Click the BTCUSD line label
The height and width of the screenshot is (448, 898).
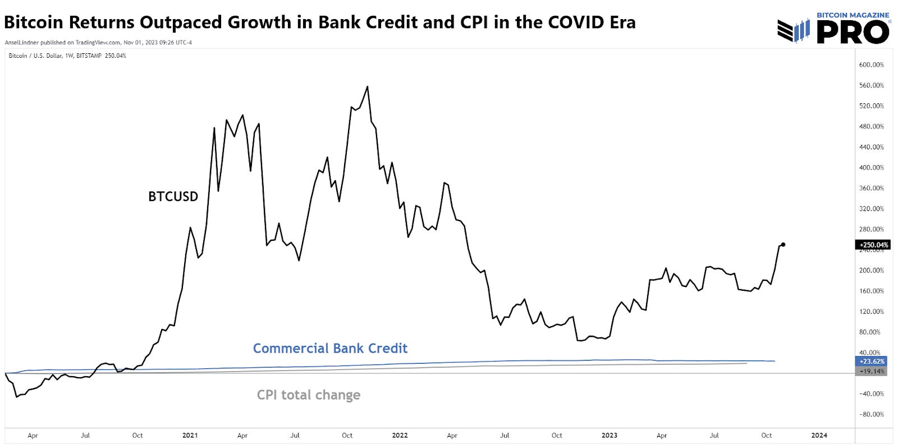tap(173, 196)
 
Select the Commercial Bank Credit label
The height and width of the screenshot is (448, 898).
tap(330, 349)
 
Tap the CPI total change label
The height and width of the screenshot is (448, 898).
tap(308, 395)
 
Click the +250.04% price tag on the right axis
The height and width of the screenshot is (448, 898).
tap(873, 245)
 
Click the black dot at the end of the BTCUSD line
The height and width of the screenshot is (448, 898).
tap(783, 244)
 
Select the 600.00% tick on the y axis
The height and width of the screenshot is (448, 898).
tap(871, 65)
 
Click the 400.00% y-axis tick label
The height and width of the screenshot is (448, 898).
tap(871, 167)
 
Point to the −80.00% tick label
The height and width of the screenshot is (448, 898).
tap(871, 414)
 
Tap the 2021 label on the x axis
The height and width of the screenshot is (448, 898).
tap(190, 435)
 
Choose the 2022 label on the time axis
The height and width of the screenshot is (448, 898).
tap(400, 435)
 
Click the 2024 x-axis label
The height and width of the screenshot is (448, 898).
tap(819, 435)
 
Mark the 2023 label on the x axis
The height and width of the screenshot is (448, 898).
tap(609, 435)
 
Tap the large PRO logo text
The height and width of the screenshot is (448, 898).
tap(853, 32)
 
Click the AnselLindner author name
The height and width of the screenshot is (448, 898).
tap(21, 43)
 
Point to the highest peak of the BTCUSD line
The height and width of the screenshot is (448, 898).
tap(367, 86)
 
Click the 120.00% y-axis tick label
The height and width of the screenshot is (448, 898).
tap(871, 312)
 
